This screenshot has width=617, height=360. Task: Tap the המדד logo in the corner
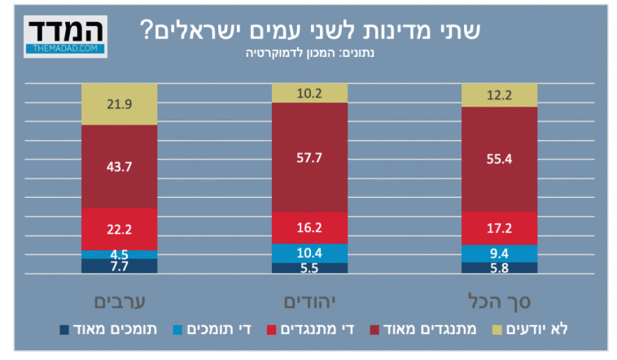coord(66,36)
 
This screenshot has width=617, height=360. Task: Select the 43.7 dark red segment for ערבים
coord(119,166)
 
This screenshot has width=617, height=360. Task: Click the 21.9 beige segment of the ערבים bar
coord(119,104)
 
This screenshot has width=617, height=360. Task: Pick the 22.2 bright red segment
coord(119,229)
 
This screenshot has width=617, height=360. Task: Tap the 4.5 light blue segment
coord(119,254)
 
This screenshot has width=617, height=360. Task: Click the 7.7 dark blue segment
coord(119,266)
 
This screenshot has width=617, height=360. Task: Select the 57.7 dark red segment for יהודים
coord(309,157)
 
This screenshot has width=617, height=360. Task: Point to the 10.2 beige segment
coord(309,93)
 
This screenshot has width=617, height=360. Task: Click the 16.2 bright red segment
coord(309,228)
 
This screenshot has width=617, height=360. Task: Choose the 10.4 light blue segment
coord(309,253)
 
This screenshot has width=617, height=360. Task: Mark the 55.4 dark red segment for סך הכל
coord(499,159)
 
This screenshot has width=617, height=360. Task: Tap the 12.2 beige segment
coord(499,95)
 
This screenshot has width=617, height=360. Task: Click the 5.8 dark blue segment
coord(499,267)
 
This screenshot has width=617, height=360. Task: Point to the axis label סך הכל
coord(499,301)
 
